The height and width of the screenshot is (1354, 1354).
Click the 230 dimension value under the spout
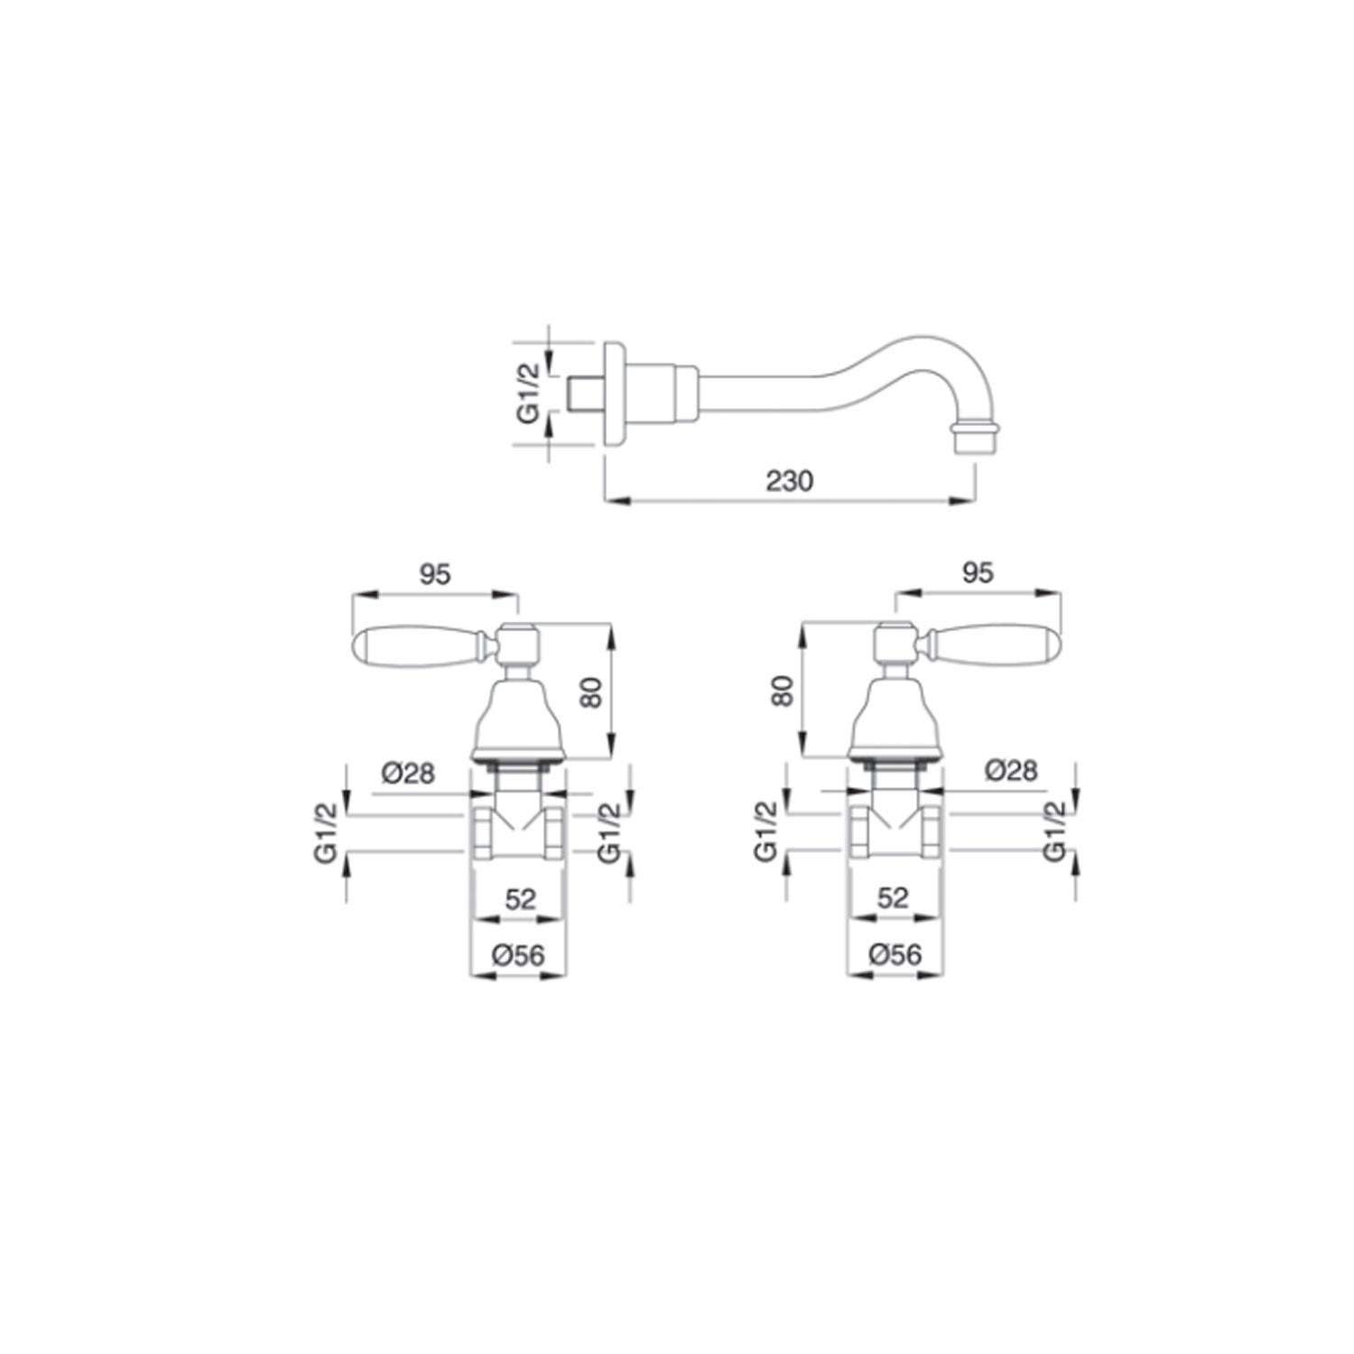(789, 481)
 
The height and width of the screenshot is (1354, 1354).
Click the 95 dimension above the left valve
(434, 574)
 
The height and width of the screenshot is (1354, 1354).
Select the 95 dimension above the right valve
(978, 572)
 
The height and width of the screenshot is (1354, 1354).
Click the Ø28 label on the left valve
(408, 774)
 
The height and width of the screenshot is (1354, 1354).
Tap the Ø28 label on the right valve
(1011, 770)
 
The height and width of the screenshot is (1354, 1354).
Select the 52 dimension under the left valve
(520, 898)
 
